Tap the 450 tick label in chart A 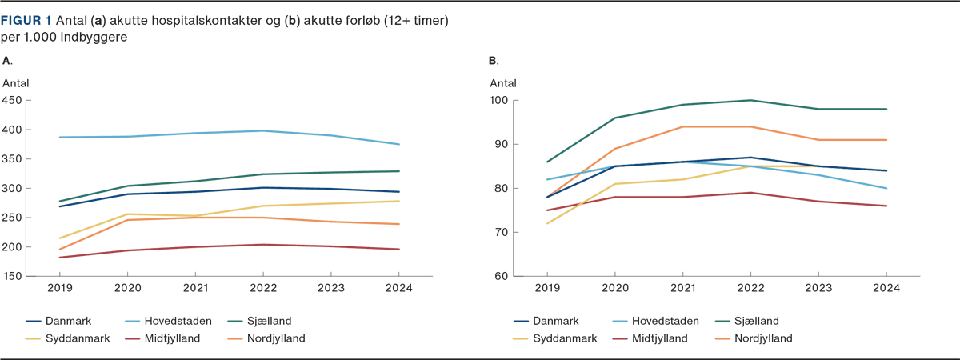13,100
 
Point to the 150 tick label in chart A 13,276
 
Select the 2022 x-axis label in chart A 263,289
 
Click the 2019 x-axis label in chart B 546,289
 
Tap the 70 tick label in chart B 501,232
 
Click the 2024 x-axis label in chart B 886,289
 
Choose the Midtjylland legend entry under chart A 171,338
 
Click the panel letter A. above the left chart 7,61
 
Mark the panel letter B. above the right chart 494,61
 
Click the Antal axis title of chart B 502,82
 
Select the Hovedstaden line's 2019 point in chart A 60,137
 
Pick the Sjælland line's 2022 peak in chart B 750,100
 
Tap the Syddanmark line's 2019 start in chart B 546,223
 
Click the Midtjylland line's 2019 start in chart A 60,258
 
